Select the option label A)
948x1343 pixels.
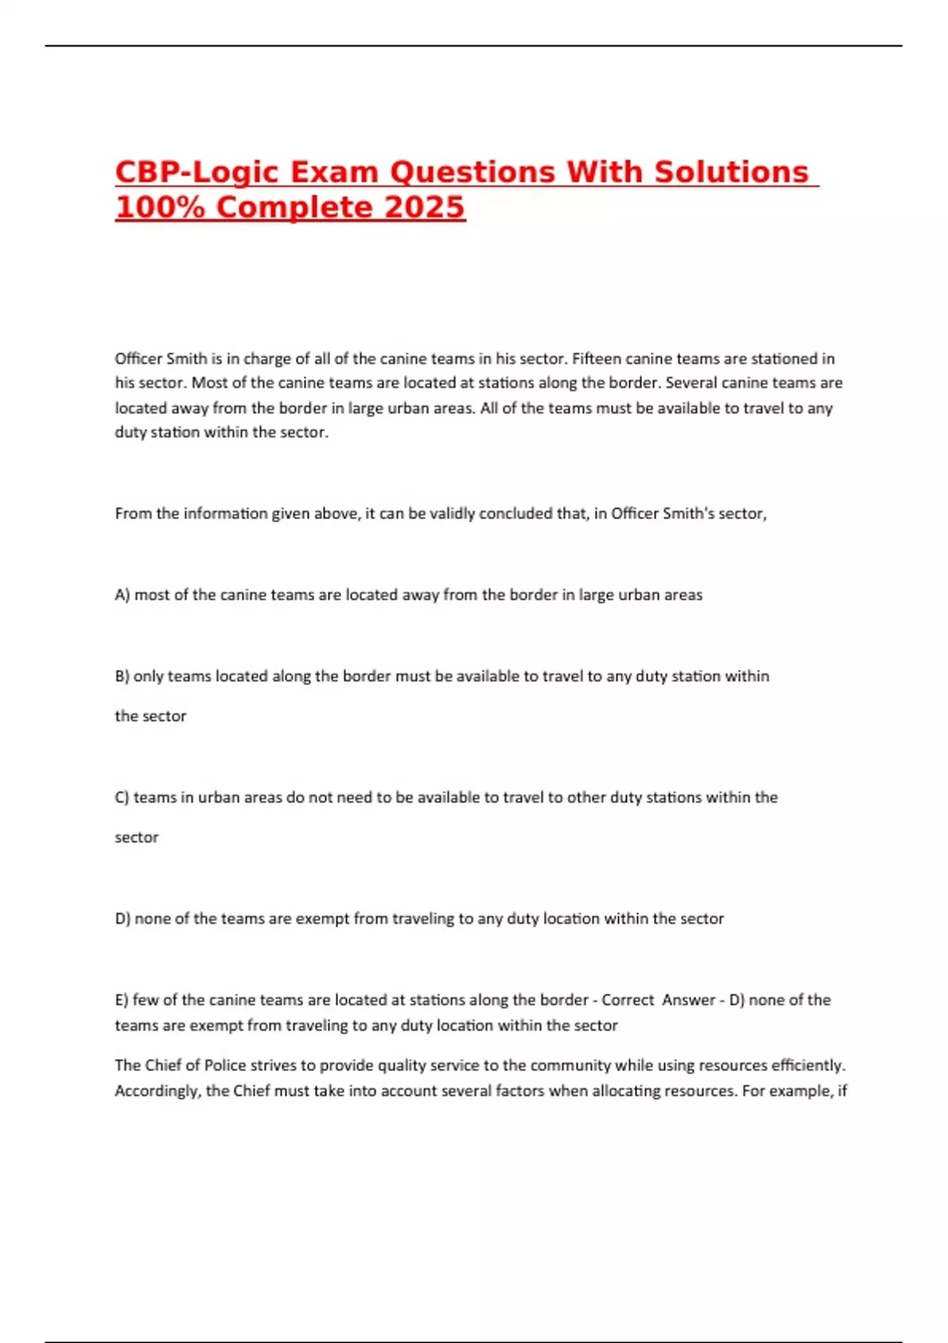[x=122, y=595]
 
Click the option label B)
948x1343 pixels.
[x=122, y=676]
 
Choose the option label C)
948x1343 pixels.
[x=122, y=797]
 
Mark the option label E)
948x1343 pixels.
[x=122, y=1000]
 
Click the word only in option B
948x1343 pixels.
[x=148, y=676]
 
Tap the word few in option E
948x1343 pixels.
[x=145, y=1000]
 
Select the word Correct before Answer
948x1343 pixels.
[x=628, y=1000]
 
